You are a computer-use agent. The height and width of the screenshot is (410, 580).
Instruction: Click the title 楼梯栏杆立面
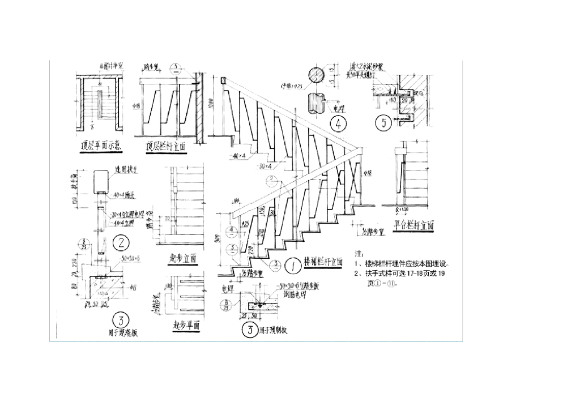324,262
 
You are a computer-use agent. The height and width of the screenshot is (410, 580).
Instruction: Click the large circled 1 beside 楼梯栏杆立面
293,264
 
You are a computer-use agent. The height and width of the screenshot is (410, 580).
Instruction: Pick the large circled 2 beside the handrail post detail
121,243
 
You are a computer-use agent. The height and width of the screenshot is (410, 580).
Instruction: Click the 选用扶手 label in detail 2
125,169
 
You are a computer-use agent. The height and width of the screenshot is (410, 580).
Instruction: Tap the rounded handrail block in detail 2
100,180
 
